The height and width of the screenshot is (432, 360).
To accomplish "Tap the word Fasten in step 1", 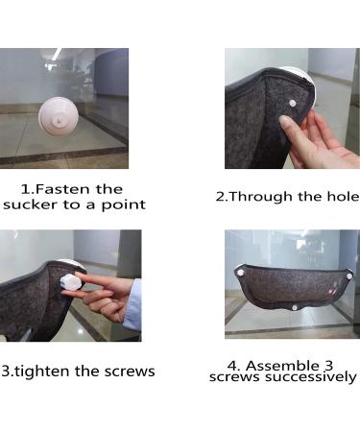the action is [61, 189].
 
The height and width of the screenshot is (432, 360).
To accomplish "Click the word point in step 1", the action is [124, 205].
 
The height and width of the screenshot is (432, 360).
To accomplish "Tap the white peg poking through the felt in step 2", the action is [292, 103].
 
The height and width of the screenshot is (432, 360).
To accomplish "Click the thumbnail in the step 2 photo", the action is [284, 122].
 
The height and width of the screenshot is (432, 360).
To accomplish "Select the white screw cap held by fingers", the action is [71, 282].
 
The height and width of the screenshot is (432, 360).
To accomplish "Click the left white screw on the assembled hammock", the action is [240, 273].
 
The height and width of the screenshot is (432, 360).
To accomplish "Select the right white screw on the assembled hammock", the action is [349, 275].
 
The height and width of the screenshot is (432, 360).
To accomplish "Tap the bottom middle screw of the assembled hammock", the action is [295, 307].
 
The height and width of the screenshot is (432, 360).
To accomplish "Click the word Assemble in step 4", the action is [282, 366].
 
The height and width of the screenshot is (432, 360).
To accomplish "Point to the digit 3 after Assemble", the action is [329, 366].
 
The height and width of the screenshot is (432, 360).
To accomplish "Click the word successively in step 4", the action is [311, 377].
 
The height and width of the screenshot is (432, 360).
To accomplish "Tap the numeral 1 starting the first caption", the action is [25, 189].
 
